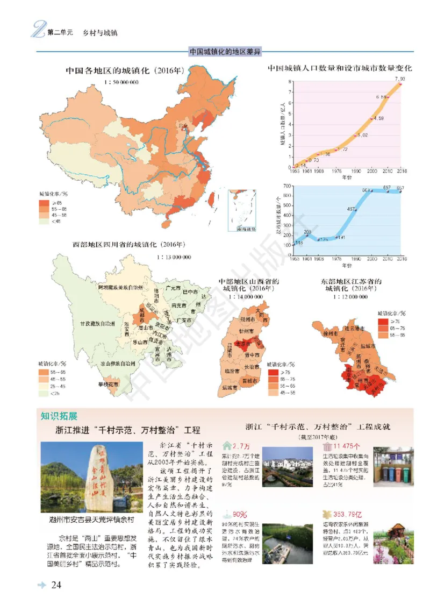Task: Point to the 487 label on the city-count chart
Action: tap(352, 209)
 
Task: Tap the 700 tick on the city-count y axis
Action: tap(288, 186)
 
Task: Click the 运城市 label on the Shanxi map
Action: tap(230, 387)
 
